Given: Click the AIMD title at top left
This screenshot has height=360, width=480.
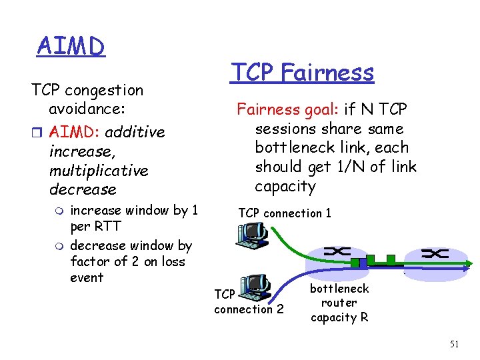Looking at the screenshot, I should (x=71, y=46).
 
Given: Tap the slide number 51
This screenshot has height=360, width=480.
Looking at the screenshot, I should (x=455, y=344).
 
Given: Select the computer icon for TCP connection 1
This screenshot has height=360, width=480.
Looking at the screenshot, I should (x=252, y=234).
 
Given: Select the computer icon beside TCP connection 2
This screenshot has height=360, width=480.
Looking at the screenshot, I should (x=253, y=287).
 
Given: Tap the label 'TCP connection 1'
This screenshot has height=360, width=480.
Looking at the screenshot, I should (x=284, y=213).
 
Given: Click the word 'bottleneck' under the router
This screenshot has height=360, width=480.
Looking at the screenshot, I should (x=339, y=289).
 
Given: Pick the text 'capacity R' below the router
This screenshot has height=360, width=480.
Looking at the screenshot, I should (x=339, y=317).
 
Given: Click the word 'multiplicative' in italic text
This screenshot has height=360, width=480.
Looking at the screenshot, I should (x=99, y=171).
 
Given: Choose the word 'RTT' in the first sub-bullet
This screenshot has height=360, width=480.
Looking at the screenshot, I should (x=104, y=226).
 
